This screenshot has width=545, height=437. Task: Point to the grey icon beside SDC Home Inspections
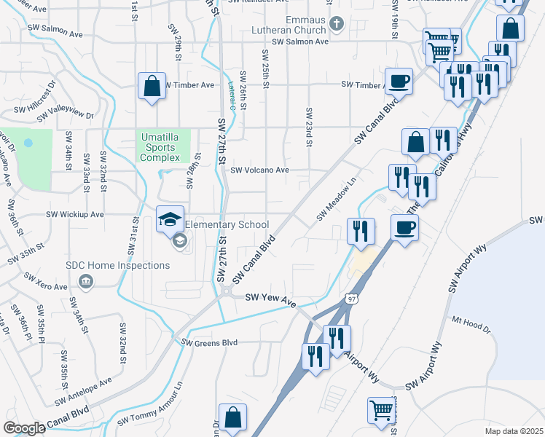coord(86,281)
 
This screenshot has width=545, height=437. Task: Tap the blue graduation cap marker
coord(170,219)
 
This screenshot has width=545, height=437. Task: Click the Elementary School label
coord(227,225)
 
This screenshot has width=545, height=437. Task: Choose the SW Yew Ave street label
coord(269,297)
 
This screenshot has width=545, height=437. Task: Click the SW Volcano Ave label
coord(260,170)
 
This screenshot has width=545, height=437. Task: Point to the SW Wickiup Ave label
coord(75,215)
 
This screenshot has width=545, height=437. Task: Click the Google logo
coord(24,428)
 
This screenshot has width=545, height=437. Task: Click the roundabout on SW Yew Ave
coord(227,291)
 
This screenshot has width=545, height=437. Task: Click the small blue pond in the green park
coord(28,143)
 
